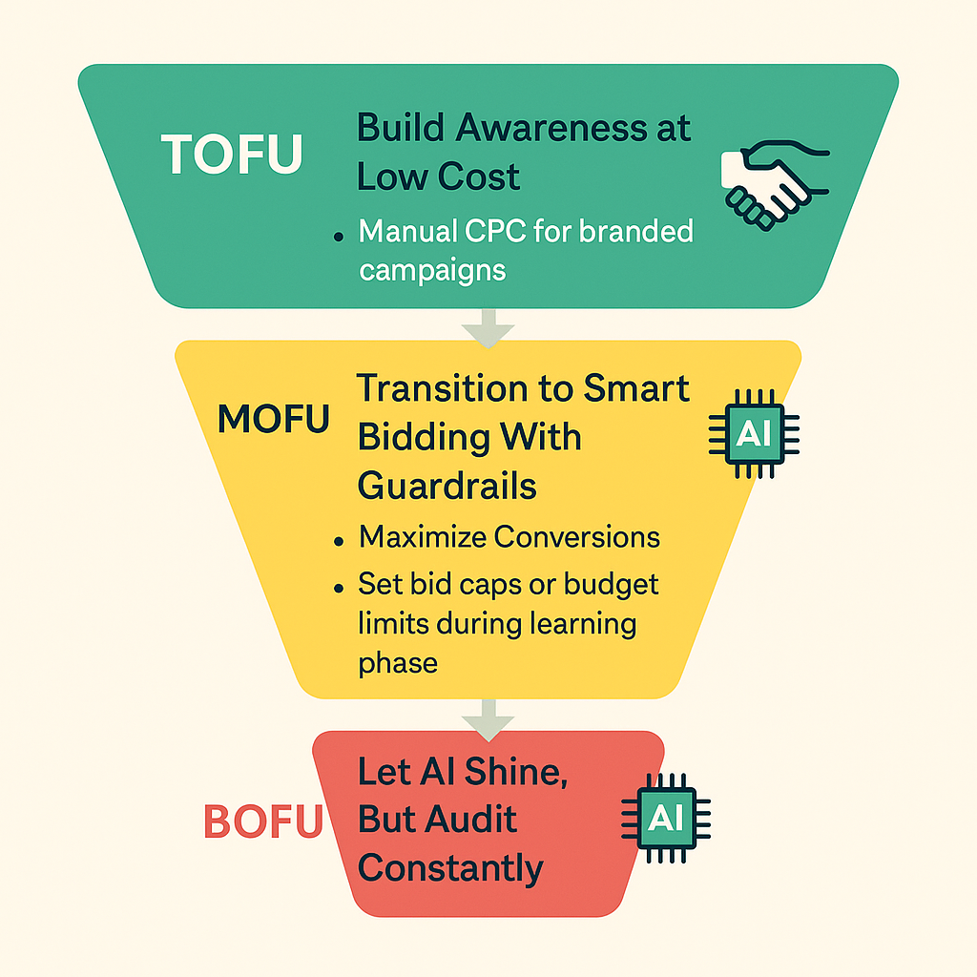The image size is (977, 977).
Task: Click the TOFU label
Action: [232, 154]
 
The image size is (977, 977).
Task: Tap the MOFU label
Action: [274, 419]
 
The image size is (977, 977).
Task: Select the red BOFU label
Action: [263, 822]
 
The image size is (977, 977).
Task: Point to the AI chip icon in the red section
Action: [666, 817]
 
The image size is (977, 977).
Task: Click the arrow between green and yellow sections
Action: [487, 329]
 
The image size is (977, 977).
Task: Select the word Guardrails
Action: [447, 487]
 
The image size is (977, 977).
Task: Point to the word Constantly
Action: [450, 868]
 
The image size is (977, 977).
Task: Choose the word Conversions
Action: [576, 537]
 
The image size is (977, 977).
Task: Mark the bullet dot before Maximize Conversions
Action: [340, 540]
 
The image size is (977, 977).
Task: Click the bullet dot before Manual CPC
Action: [340, 235]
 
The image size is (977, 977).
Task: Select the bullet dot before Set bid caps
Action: [340, 586]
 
